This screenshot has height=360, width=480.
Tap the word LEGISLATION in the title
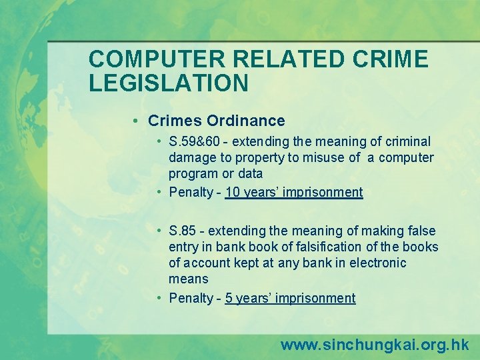tap(169, 82)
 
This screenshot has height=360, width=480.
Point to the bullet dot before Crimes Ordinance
tap(135, 121)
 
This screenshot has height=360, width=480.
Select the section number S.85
tap(183, 231)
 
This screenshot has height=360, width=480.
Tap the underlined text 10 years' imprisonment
tap(294, 193)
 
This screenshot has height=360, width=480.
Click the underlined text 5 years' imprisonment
tap(290, 298)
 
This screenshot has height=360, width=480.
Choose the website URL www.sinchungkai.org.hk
tap(375, 345)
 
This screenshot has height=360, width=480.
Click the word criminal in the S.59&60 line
tap(407, 141)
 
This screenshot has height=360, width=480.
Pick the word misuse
tap(323, 157)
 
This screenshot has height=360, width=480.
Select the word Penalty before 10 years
tap(191, 193)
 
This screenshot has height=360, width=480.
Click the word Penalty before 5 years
tap(191, 298)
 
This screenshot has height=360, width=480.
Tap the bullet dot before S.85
tap(161, 231)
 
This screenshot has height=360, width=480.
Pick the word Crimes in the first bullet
tap(175, 121)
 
